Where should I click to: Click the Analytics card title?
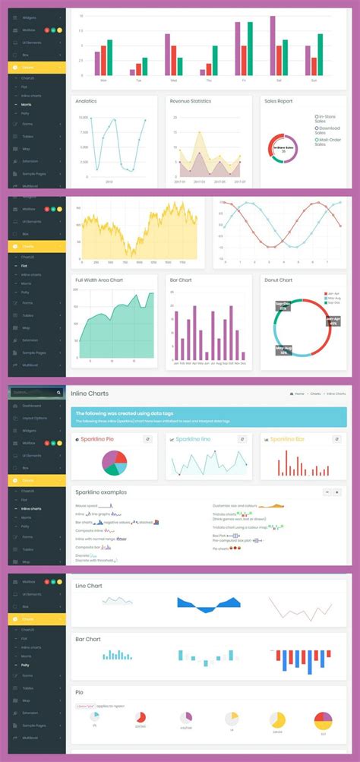(85, 100)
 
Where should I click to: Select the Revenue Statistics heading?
(191, 100)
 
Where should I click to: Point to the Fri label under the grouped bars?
(244, 80)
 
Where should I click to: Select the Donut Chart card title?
(279, 280)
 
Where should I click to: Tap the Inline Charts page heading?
(90, 394)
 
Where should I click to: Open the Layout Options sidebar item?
(33, 418)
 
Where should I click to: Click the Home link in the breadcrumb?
(299, 394)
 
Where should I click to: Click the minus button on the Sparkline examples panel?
(327, 492)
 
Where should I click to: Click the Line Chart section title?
(89, 586)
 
